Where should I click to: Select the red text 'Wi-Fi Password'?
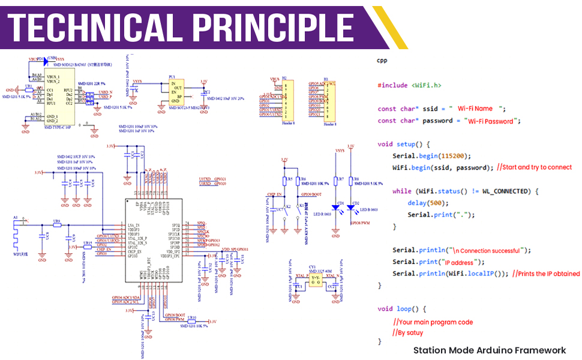click(x=491, y=121)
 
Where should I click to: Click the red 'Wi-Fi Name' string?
click(x=475, y=109)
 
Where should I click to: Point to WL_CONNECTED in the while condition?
click(x=505, y=191)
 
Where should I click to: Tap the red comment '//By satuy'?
click(x=407, y=332)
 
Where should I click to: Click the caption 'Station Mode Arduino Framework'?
click(x=489, y=350)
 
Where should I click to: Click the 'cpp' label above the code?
click(x=382, y=61)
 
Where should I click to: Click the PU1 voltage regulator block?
click(x=176, y=93)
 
